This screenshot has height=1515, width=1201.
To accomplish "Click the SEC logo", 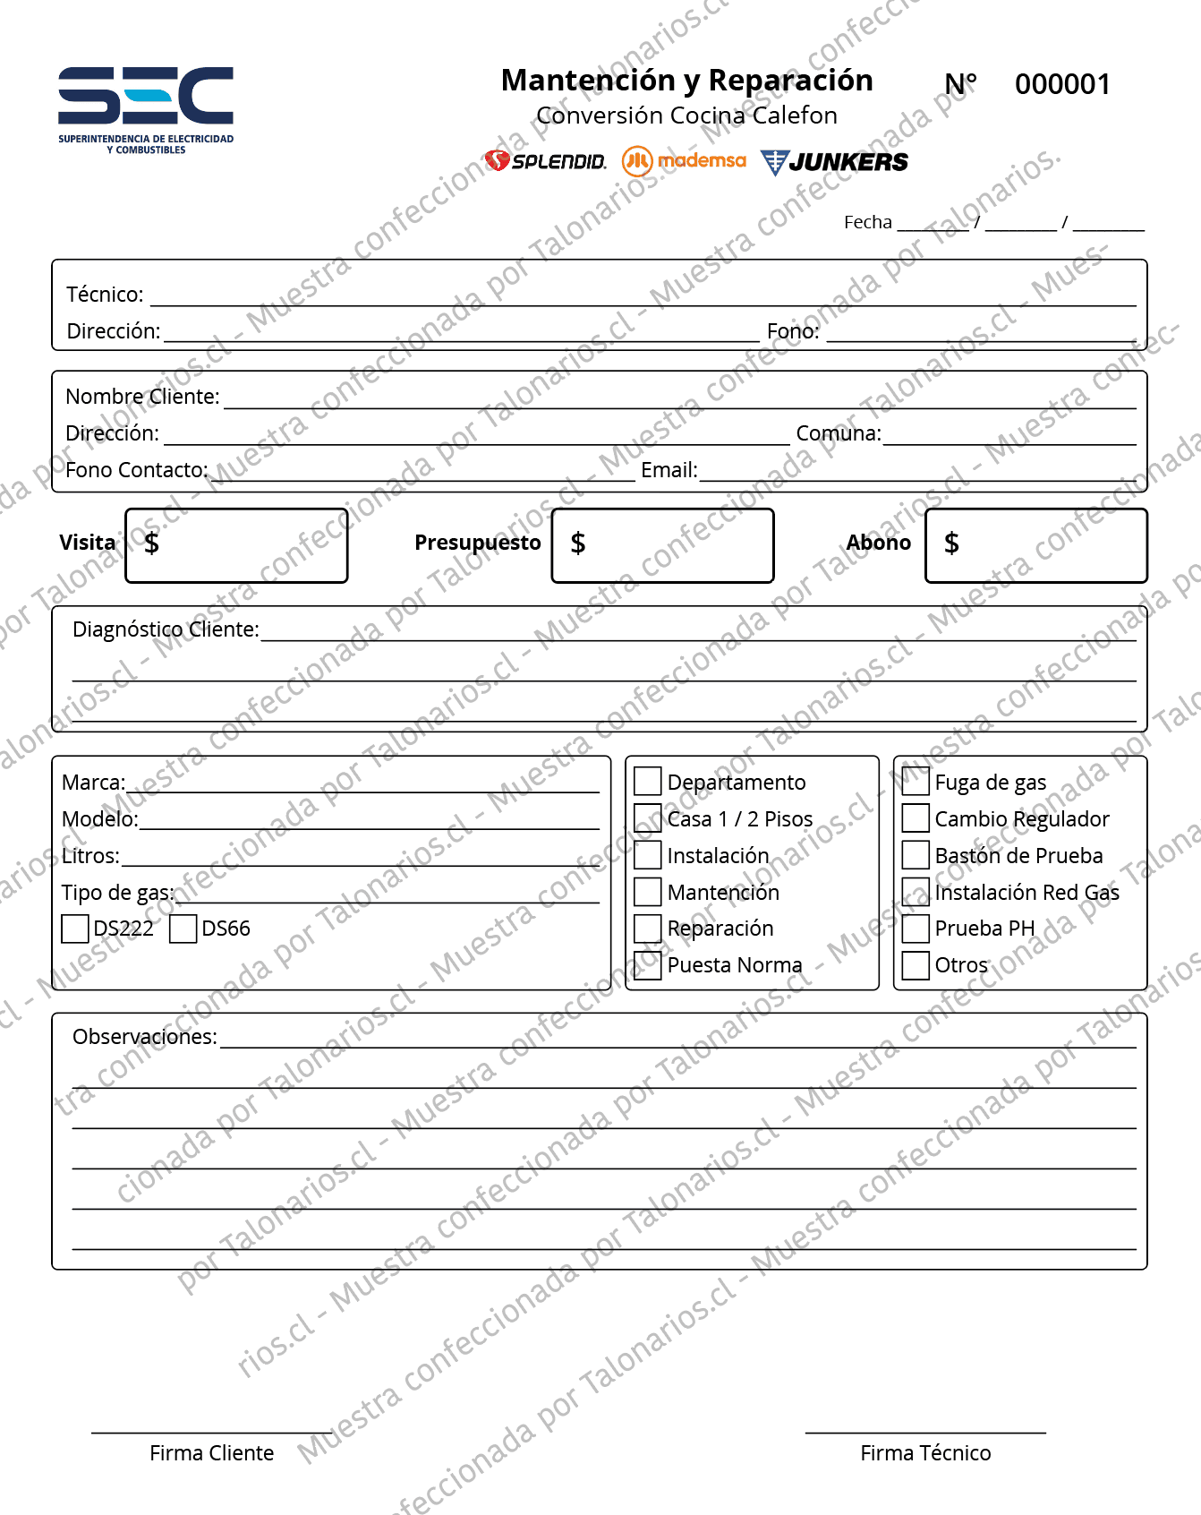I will pos(146,106).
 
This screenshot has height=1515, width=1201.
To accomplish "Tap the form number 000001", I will pos(1062,85).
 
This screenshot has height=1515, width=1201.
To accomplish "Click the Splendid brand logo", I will pos(545,161).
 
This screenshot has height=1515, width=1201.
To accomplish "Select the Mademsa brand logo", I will pos(685,161).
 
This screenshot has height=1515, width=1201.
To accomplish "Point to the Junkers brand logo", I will pos(834,162).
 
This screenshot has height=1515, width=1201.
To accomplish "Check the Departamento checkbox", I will pos(647,782).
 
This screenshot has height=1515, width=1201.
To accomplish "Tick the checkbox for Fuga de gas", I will pos(916,782).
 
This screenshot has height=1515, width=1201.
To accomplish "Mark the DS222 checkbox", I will pos(75,929).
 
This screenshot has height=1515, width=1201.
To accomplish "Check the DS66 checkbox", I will pos(183,929).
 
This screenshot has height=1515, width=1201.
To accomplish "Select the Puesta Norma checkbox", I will pos(647,965).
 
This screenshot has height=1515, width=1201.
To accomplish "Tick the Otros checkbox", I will pos(916,965).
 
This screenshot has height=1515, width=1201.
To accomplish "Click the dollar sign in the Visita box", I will pos(152,543).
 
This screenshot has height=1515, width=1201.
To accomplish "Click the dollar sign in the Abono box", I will pos(951,543).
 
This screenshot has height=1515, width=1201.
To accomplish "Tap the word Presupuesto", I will pos(478,543).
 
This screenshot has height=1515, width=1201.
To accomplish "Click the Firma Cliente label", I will pos(211,1453).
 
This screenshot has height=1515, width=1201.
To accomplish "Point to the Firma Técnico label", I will pos(925,1453).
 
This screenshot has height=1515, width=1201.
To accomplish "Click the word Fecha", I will pos(868,222).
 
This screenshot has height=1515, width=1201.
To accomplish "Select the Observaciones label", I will pos(145,1037).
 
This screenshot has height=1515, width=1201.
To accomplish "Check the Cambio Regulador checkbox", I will pos(916,818).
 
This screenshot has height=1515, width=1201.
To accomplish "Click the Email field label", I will pos(669,470).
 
